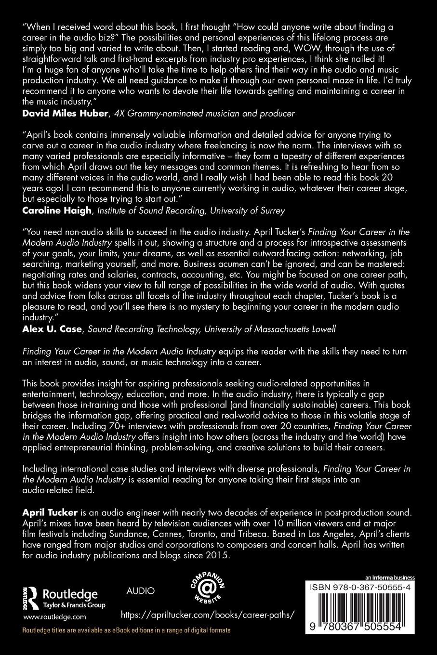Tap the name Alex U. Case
45,329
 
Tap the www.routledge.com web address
54,616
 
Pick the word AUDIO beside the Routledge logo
140,591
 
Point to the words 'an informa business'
389,577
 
